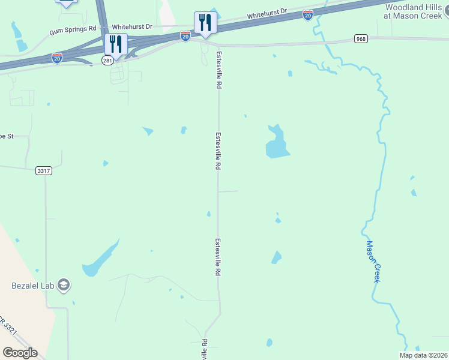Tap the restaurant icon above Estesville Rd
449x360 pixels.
tap(205, 23)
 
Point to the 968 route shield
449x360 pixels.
tap(360, 39)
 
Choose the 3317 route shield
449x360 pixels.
tap(44, 170)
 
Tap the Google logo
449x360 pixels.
tap(20, 353)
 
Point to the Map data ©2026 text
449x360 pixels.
tap(423, 355)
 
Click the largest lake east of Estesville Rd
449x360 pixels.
tap(277, 144)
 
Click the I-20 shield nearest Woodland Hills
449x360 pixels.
tap(308, 15)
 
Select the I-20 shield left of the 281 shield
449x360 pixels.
tap(57, 58)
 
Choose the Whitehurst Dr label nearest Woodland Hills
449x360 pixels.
tap(267, 14)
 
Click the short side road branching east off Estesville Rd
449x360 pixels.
tap(229, 191)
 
